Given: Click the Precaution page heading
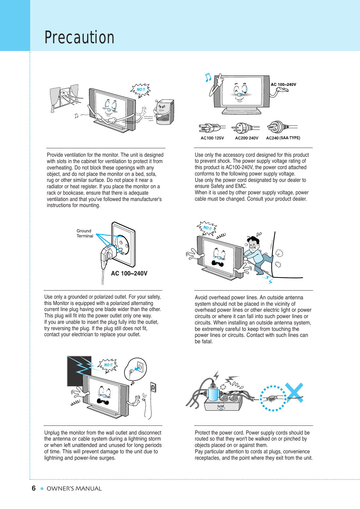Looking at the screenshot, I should click(x=80, y=37).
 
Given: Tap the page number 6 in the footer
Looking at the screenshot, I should click(x=34, y=488).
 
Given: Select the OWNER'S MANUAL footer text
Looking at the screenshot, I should click(x=74, y=489).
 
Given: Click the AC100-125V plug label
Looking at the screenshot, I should click(x=212, y=138).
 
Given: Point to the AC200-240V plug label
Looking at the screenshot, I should click(x=247, y=138).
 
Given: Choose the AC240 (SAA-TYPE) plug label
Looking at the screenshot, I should click(x=283, y=138).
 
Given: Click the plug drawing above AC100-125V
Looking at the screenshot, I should click(x=211, y=128).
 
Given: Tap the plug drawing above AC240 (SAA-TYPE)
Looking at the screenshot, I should click(x=281, y=127).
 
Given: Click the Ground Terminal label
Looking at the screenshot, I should click(x=85, y=233).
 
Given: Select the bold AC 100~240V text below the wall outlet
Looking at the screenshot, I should click(x=129, y=273).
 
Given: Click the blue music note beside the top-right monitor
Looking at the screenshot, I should click(x=208, y=78).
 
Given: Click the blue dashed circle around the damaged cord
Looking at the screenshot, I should click(x=273, y=398).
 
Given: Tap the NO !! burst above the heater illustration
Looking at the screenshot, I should click(x=141, y=90).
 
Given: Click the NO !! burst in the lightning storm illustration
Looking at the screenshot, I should click(x=108, y=365).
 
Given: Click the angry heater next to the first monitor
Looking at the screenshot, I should click(x=164, y=112).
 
